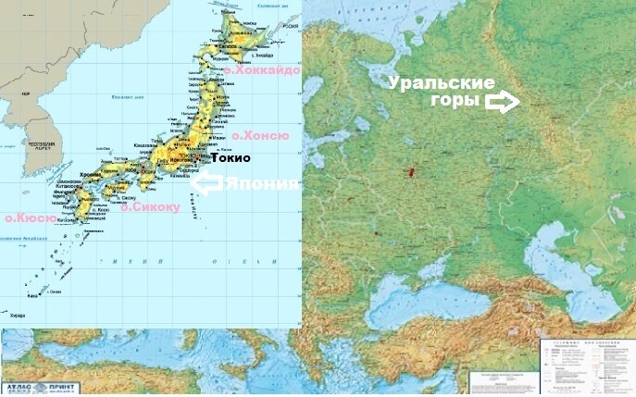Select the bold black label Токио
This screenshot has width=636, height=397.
click(x=231, y=158)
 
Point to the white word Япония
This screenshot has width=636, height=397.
click(x=263, y=183)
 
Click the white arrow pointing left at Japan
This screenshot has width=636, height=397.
click(x=206, y=183)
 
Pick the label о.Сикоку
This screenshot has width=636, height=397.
click(x=150, y=207)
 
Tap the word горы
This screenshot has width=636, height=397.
click(x=459, y=103)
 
